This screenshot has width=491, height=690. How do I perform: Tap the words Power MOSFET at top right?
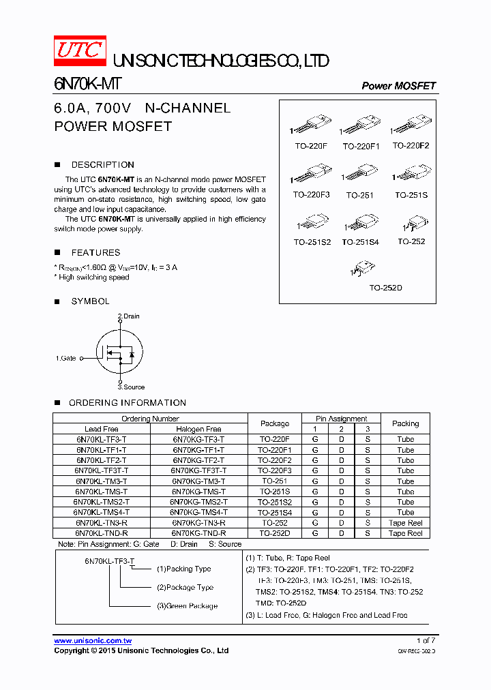(398, 86)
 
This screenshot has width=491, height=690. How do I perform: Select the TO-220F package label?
(311, 146)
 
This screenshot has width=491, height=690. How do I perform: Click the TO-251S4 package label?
(360, 242)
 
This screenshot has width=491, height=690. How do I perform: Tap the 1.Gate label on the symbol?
(66, 358)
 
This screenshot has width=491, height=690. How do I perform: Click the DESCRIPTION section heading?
(102, 165)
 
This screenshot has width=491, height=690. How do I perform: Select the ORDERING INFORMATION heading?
(127, 403)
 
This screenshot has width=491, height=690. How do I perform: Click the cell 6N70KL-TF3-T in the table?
(101, 440)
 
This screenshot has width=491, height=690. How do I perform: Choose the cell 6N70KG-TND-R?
(198, 533)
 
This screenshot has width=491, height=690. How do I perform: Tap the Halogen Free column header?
(198, 429)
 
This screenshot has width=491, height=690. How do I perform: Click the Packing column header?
(405, 423)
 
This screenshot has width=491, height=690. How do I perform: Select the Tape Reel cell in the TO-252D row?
(405, 533)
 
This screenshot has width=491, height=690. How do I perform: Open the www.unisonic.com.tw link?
(93, 641)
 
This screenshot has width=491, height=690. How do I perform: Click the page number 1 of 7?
(426, 641)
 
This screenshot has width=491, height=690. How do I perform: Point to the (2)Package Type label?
(185, 588)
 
